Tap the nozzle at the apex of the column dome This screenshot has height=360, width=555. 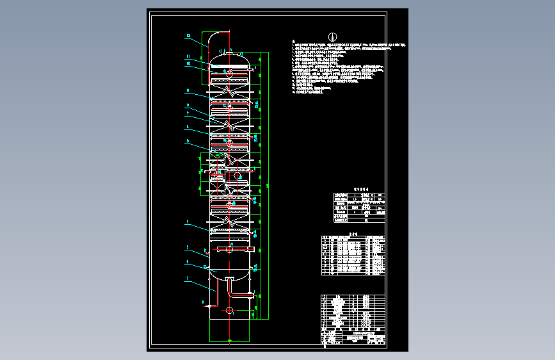(229, 49)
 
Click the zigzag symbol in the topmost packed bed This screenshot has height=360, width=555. (229, 90)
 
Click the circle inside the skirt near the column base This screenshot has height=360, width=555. (229, 311)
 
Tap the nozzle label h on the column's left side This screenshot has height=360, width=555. (205, 250)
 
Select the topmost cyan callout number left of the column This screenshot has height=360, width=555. (189, 35)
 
